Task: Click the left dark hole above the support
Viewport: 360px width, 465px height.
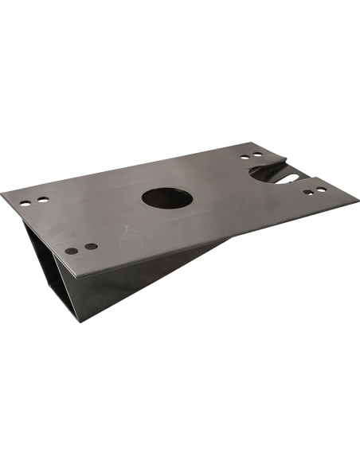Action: point(72,251)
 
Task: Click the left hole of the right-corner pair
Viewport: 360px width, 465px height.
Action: point(308,192)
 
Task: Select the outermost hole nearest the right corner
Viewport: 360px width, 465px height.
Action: point(321,190)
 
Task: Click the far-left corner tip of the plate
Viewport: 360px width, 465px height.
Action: point(2,193)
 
